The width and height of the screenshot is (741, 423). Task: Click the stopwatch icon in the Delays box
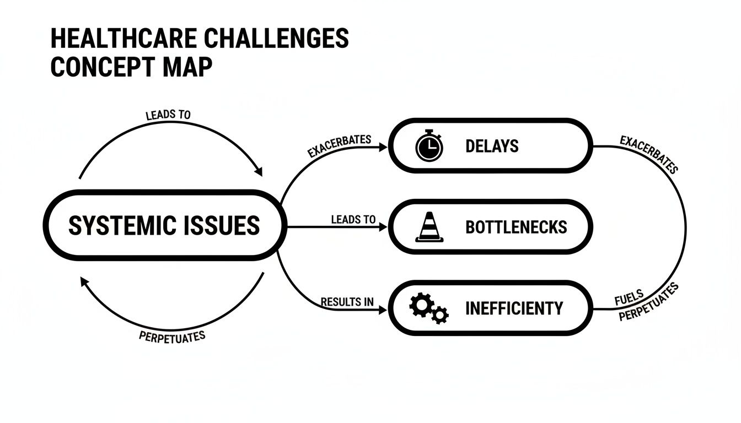coord(428,147)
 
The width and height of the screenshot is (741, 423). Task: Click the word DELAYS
coord(492,147)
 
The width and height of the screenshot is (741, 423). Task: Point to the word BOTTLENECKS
coord(516,227)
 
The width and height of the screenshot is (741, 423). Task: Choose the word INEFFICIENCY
coord(514,308)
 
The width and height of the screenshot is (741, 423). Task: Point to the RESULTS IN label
coord(347,302)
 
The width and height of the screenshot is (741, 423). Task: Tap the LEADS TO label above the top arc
coord(168,116)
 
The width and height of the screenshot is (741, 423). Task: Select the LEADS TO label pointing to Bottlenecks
coord(353,220)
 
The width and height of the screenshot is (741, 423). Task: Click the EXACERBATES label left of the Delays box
coord(339,146)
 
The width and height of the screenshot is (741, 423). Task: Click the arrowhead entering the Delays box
coord(384,147)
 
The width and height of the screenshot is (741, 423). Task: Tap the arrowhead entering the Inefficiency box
coord(384,311)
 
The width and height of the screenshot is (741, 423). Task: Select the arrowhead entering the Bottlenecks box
coord(384,227)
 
